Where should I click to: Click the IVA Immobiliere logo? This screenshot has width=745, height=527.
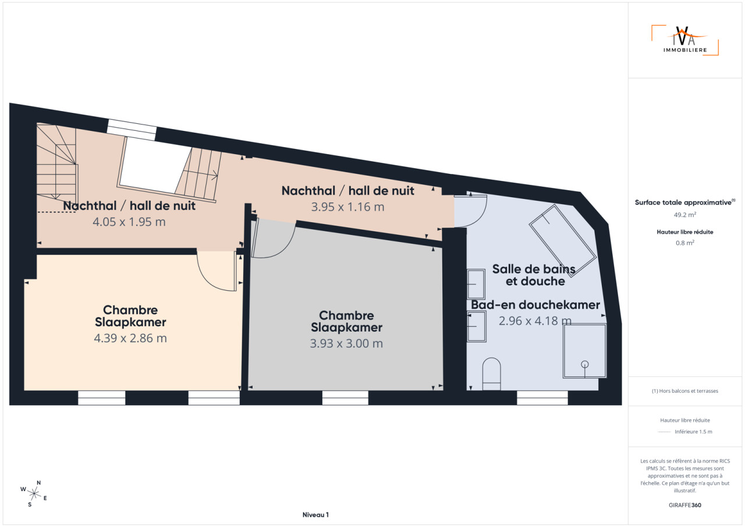point(685,40)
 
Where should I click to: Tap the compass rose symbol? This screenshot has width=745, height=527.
point(34,494)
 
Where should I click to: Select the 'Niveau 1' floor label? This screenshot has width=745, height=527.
point(315,515)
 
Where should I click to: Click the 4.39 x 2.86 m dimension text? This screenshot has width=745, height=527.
point(130,338)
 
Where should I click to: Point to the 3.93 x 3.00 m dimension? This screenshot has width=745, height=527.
point(346,343)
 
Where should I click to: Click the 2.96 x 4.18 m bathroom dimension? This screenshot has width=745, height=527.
point(535,321)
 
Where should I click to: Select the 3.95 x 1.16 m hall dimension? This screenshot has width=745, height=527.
point(347,206)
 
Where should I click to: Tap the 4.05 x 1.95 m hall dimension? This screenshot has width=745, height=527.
point(129,222)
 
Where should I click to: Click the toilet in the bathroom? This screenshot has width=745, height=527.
point(491,374)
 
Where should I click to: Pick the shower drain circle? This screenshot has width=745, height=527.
point(585,364)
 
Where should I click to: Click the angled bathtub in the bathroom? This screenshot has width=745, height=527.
point(562,241)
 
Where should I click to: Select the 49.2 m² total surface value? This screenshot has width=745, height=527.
point(685,215)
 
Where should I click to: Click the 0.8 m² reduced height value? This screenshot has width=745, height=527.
point(685,243)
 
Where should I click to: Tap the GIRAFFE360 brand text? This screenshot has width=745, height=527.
point(685,505)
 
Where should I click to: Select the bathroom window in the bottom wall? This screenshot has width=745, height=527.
point(542,398)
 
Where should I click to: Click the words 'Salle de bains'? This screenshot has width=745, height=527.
point(534,269)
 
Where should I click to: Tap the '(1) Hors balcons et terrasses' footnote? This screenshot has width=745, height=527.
point(685,391)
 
